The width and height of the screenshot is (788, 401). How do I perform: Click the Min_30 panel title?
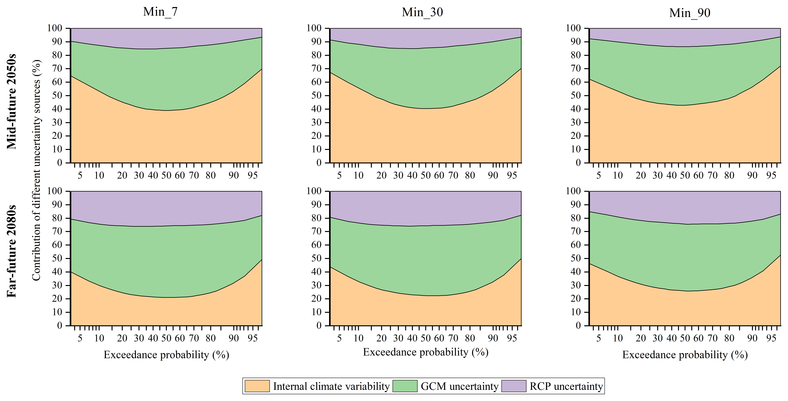[x=422, y=12]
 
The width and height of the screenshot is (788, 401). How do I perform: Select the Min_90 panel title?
[x=690, y=13]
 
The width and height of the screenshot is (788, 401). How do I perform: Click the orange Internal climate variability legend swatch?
[x=257, y=386]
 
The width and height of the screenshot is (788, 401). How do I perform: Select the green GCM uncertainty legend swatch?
[x=405, y=386]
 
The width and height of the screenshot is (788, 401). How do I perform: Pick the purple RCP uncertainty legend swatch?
[x=514, y=386]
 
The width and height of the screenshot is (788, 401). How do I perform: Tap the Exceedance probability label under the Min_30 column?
[x=426, y=352]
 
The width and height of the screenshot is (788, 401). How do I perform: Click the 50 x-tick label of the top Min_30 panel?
[x=426, y=175]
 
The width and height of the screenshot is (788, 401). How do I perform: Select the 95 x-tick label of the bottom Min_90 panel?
[x=771, y=338]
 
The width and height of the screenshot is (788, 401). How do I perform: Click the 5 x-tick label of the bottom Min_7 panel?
[x=80, y=338]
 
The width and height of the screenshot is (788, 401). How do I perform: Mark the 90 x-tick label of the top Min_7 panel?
[x=234, y=175]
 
